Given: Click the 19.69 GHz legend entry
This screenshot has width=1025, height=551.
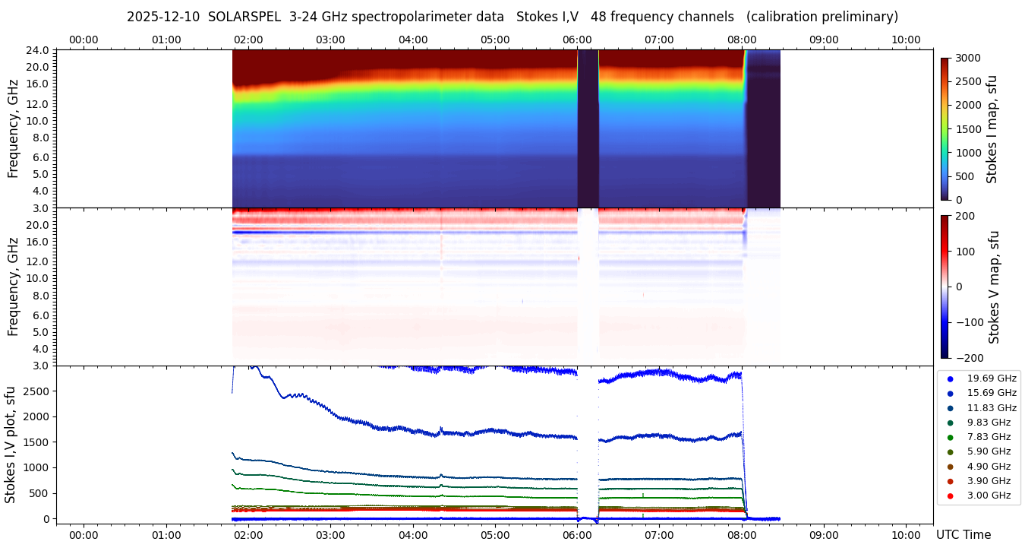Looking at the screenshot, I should click(991, 378).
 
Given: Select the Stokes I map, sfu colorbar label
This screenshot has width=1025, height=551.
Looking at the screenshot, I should click(992, 129).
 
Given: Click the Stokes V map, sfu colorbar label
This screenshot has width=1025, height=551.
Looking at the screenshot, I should click(994, 287).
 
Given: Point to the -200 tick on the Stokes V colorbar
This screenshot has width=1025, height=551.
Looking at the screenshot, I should click(968, 358).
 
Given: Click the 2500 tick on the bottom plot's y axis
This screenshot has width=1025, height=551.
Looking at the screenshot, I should click(37, 391).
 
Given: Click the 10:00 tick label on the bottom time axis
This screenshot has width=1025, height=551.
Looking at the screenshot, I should click(906, 534).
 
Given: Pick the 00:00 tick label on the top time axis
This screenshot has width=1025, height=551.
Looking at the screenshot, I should click(84, 40).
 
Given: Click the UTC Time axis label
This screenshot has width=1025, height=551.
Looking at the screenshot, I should click(963, 534).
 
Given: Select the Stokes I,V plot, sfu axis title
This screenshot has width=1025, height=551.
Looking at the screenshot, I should click(11, 445).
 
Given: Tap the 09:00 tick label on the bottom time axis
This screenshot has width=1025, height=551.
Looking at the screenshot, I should click(824, 534).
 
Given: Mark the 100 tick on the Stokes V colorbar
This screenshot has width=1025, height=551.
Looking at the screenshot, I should click(963, 251).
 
